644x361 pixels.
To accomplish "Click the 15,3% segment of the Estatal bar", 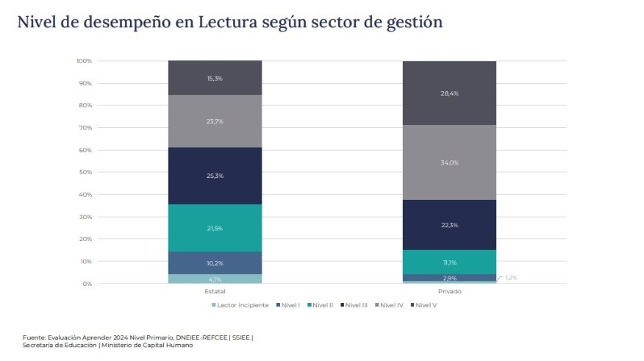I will tap(215, 78).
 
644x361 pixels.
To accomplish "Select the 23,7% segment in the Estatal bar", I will tap(215, 121).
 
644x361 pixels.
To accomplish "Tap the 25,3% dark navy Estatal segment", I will tap(215, 175).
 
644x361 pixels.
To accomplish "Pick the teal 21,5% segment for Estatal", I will tap(215, 228).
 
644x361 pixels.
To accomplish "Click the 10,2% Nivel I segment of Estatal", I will tap(215, 263).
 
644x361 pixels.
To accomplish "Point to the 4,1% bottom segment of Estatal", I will tap(215, 279).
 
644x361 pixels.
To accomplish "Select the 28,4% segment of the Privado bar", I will tap(450, 93).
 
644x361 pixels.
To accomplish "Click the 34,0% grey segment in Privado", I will tap(450, 162).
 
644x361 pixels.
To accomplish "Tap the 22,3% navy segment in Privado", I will tap(450, 225).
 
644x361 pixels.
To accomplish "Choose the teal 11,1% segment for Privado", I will tap(450, 262).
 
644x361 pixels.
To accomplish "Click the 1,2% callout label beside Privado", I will tap(511, 277).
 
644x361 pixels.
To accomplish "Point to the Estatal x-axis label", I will tap(215, 292).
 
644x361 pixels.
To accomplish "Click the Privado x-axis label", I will tap(450, 292).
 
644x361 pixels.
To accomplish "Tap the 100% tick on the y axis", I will tap(84, 61).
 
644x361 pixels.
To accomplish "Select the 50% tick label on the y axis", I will tap(86, 172).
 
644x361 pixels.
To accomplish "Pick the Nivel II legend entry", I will tap(319, 305).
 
